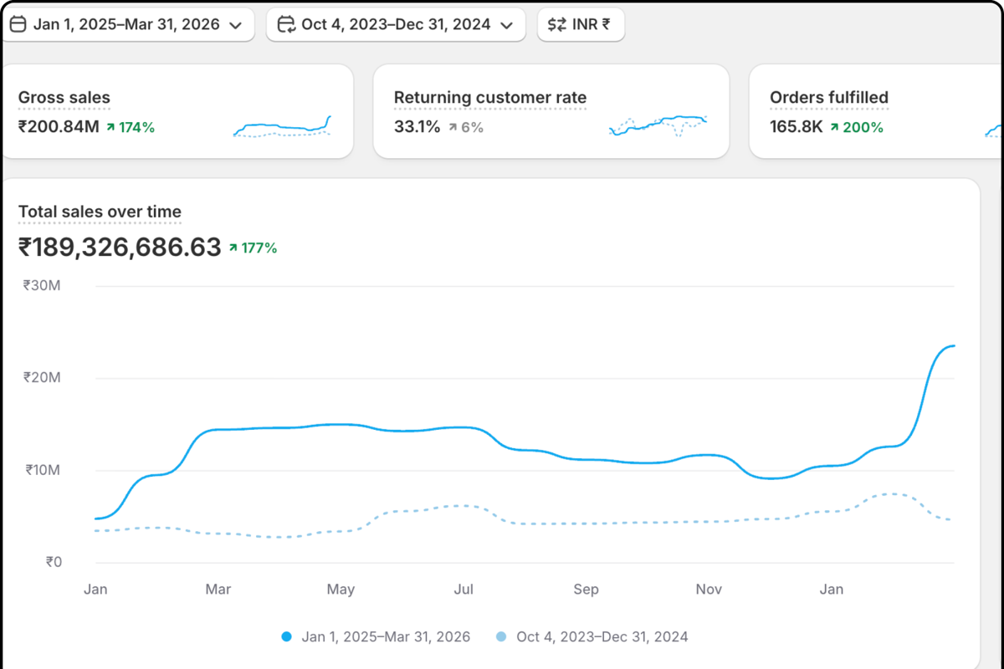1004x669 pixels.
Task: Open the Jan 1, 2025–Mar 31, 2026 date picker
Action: (127, 24)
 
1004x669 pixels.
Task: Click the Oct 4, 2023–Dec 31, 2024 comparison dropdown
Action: (396, 24)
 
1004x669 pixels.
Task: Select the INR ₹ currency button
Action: (581, 24)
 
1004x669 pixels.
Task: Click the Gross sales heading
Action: (64, 98)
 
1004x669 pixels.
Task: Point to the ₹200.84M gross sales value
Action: (58, 127)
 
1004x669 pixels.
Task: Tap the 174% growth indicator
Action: (131, 127)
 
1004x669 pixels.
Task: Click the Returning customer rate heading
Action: (490, 98)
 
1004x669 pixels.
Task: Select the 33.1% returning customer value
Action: (417, 127)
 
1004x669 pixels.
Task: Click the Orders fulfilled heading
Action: (828, 98)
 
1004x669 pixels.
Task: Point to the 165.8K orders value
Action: (796, 127)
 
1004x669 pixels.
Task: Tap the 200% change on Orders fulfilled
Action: (857, 127)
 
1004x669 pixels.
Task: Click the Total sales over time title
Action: (100, 212)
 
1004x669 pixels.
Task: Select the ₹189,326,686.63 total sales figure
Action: (120, 248)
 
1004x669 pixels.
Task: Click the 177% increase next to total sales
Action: (254, 248)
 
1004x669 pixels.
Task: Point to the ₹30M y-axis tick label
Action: (42, 285)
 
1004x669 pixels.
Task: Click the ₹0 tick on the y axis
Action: (53, 562)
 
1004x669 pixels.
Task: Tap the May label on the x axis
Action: (341, 590)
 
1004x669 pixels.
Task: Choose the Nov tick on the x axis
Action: (709, 590)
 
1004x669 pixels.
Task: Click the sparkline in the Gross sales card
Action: (282, 128)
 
